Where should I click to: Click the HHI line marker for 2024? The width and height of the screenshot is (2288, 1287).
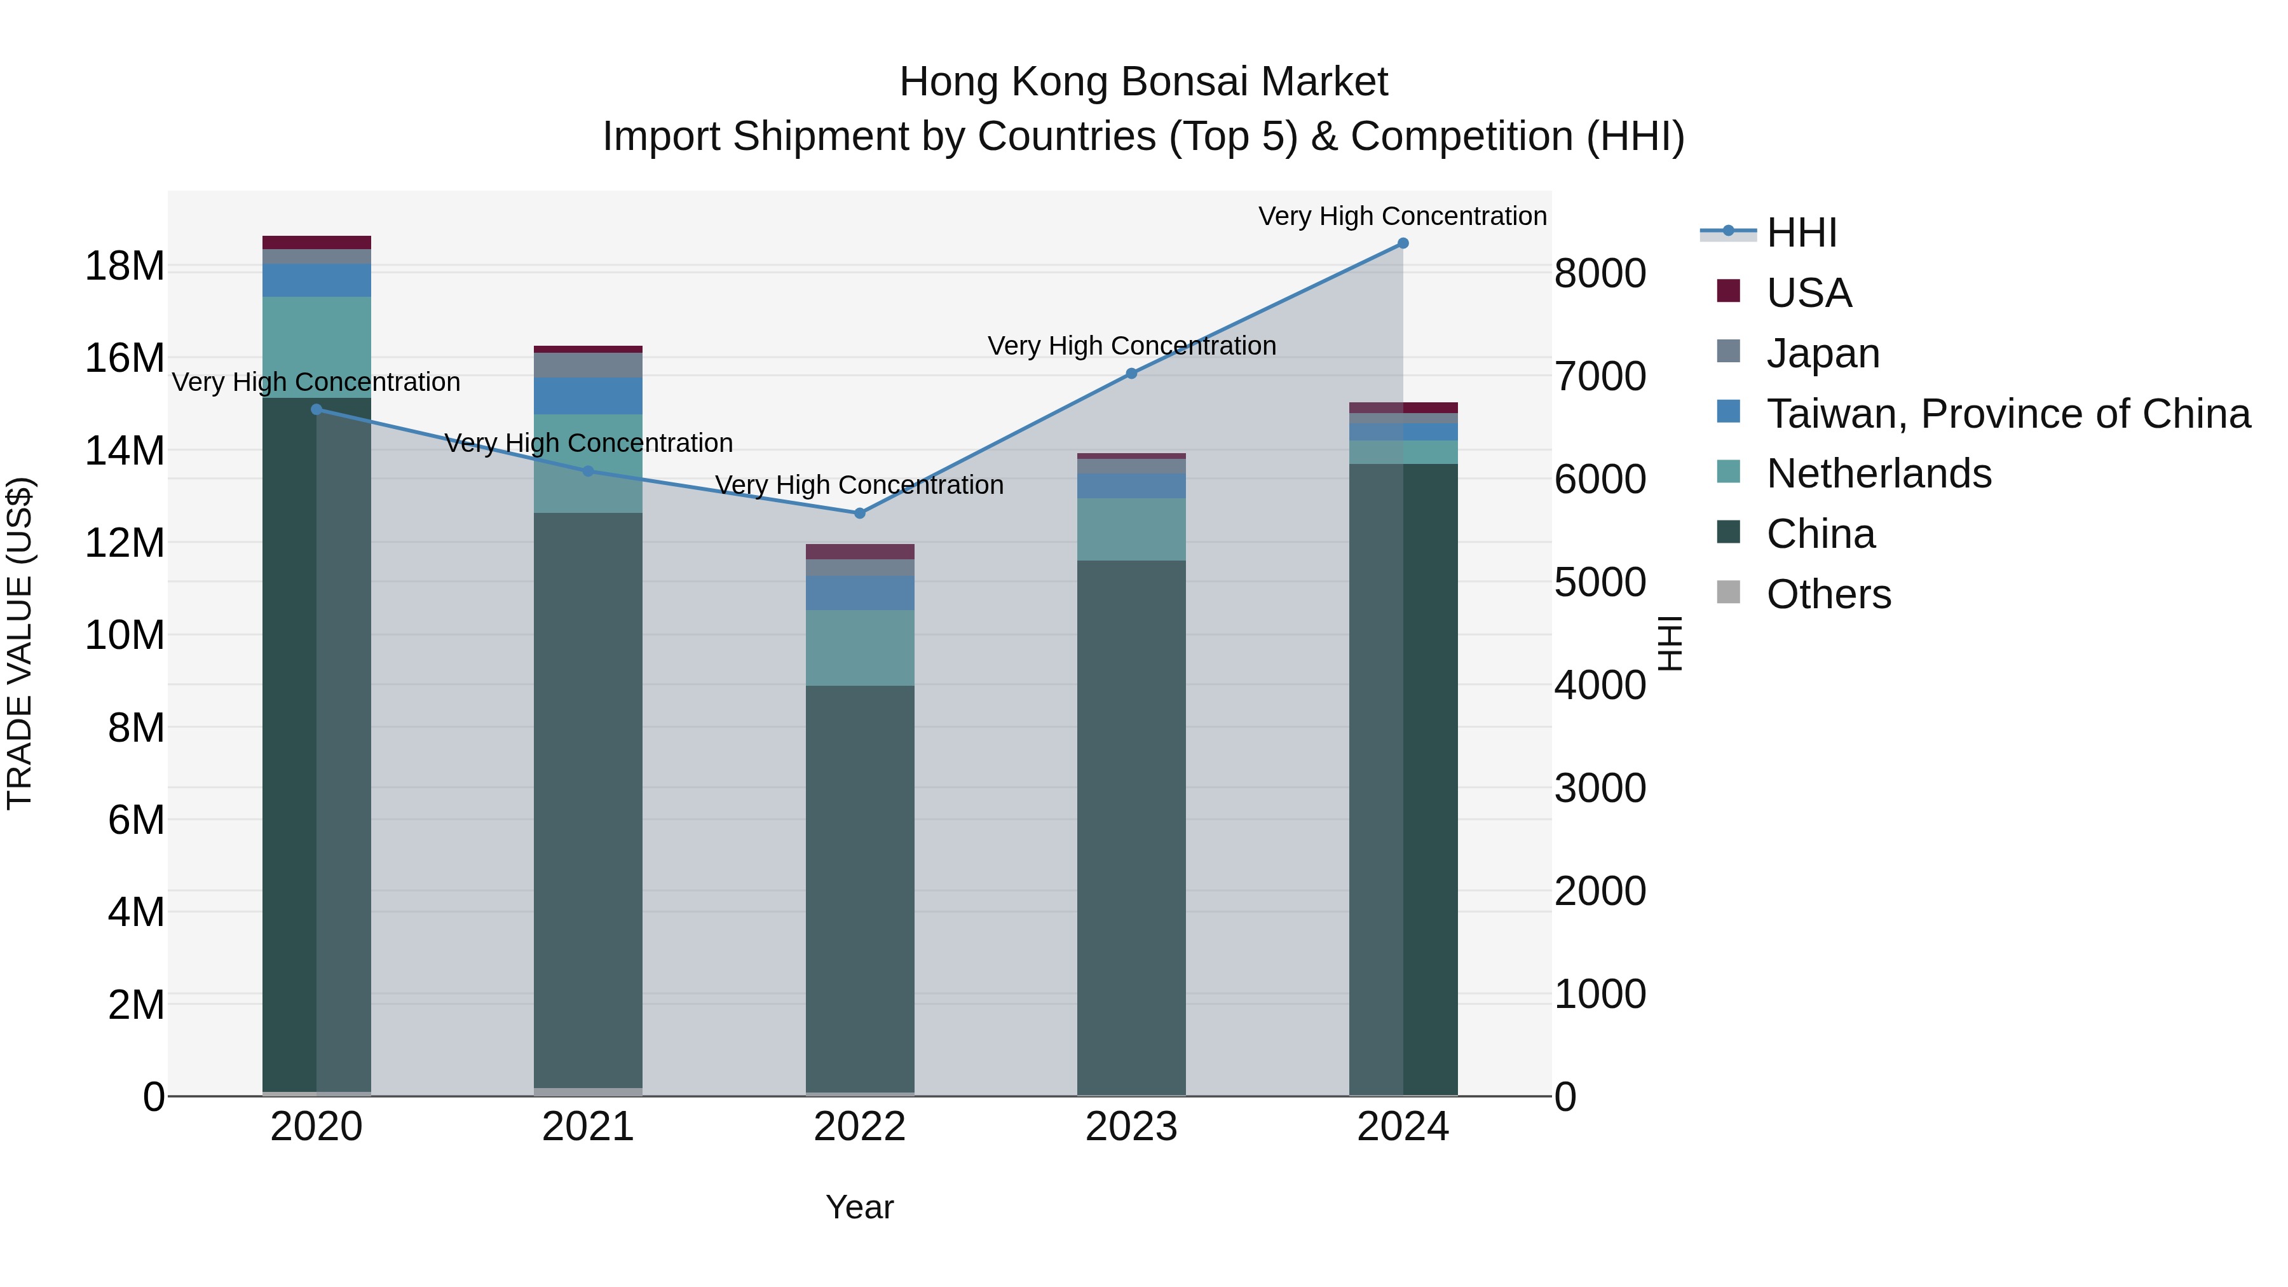[x=1403, y=243]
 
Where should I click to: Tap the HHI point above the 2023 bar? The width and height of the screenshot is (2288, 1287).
[x=1131, y=374]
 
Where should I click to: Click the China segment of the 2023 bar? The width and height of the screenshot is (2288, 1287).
[x=1131, y=826]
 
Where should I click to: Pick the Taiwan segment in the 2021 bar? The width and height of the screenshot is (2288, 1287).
[x=587, y=396]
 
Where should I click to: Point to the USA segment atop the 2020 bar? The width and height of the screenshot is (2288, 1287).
[x=317, y=243]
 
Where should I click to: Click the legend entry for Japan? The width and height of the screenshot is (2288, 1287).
[x=1823, y=353]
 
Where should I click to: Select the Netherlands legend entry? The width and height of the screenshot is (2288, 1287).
[x=1879, y=473]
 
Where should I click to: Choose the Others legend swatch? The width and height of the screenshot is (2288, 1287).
[x=1729, y=592]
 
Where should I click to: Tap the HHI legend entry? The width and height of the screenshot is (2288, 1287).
[x=1801, y=233]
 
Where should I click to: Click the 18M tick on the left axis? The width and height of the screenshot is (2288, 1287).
[x=125, y=266]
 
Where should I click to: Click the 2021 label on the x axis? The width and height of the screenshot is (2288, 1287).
[x=587, y=1127]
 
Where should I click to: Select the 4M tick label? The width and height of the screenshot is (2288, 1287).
[x=135, y=912]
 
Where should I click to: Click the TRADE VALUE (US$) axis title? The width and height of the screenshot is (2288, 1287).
[x=20, y=643]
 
